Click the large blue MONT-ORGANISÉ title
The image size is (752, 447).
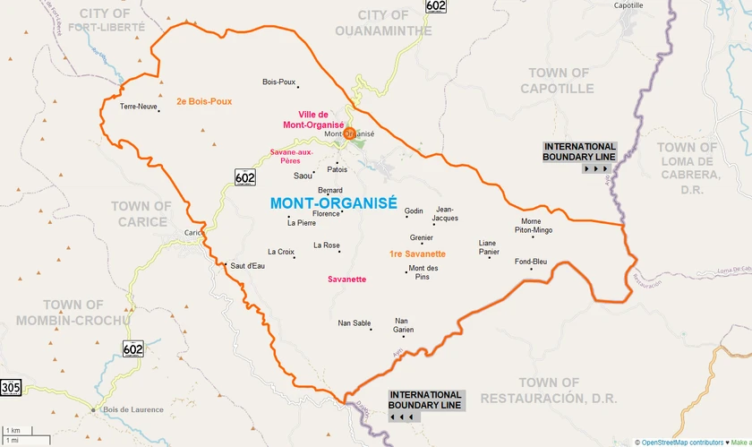(333, 202)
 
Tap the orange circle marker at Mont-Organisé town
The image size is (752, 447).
(350, 133)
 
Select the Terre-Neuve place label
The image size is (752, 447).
(139, 106)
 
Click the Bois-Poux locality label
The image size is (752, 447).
(278, 82)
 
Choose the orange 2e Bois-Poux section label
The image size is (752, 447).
(204, 101)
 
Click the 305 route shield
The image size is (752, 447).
(11, 387)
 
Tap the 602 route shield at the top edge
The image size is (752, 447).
(436, 6)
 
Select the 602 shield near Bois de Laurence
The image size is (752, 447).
(133, 348)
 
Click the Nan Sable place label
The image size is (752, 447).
(355, 322)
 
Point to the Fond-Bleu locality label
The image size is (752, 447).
(530, 262)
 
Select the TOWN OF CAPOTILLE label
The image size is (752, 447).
(557, 81)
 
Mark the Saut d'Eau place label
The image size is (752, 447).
(247, 266)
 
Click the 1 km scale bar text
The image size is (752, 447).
(13, 431)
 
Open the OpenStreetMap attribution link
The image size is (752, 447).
(671, 442)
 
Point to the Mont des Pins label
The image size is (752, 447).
(423, 272)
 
